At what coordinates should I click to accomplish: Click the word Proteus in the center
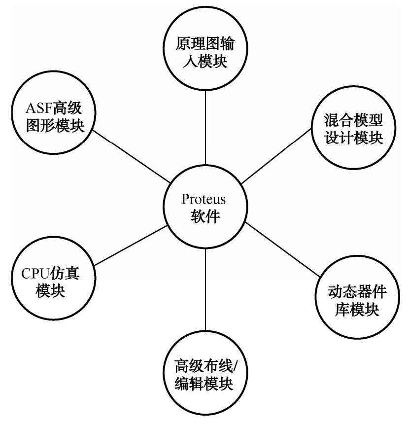tap(204, 199)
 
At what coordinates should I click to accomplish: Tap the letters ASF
tap(39, 108)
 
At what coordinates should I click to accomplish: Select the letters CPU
tap(34, 274)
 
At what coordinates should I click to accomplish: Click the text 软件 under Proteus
tap(205, 216)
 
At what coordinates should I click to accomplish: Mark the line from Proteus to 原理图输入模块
tap(205, 127)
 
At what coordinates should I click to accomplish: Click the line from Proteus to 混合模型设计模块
tap(276, 156)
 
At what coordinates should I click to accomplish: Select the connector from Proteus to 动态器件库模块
tap(283, 249)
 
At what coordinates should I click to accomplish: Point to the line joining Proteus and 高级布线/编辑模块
tap(205, 290)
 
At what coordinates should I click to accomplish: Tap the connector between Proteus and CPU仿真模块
tap(131, 246)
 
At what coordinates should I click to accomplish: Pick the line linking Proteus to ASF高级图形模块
tap(131, 156)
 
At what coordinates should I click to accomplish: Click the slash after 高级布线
tap(235, 366)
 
